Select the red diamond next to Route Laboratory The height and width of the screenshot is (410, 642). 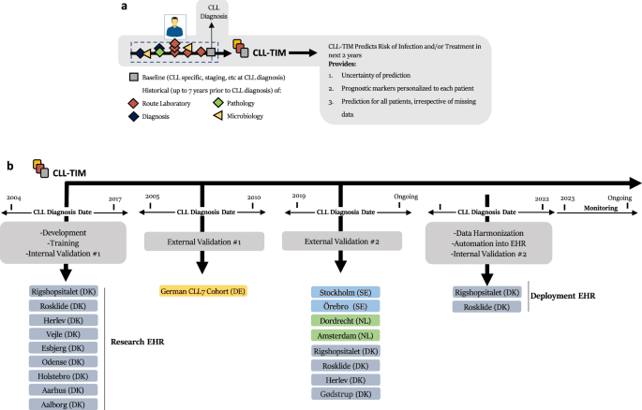(135, 104)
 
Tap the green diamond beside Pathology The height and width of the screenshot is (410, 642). (218, 104)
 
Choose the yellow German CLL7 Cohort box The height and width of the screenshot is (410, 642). (202, 292)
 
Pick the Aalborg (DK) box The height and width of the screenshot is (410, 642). (65, 403)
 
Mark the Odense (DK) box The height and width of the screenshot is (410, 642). (65, 361)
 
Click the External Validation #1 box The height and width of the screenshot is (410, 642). (202, 241)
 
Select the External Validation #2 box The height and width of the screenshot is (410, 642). (341, 241)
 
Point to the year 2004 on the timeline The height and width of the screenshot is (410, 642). (13, 198)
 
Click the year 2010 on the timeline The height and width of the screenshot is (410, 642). (253, 198)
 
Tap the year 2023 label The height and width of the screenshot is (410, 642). (567, 198)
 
